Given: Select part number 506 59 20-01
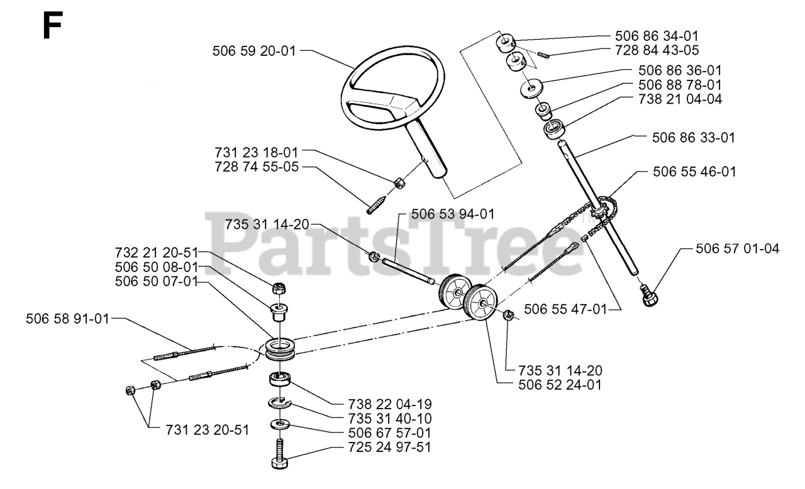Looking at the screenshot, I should pyautogui.click(x=254, y=51).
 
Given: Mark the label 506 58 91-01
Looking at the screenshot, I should pyautogui.click(x=67, y=319).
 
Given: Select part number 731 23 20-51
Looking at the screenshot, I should pyautogui.click(x=208, y=430).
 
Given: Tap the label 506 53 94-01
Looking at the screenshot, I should pyautogui.click(x=452, y=214).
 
